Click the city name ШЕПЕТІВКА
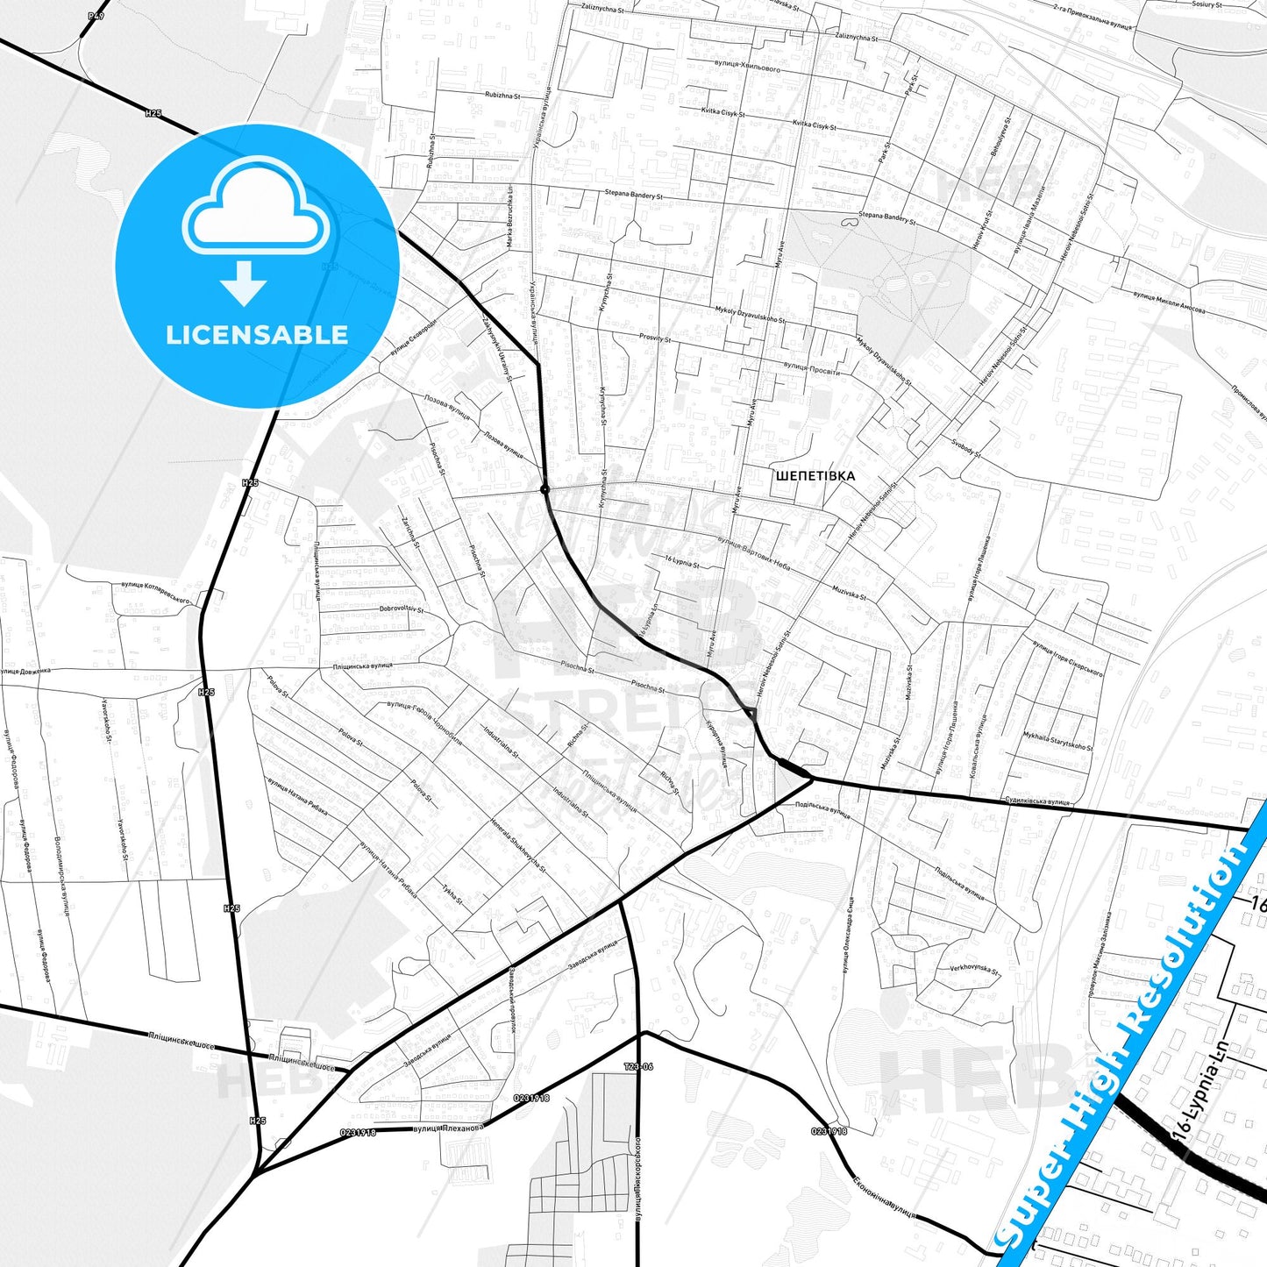click(815, 476)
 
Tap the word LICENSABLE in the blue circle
click(257, 335)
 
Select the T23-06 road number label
click(638, 1067)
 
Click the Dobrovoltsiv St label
click(402, 609)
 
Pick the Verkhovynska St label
click(974, 969)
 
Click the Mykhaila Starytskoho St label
click(1058, 741)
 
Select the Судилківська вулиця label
click(1037, 801)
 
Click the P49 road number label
click(96, 16)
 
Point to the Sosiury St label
click(1206, 5)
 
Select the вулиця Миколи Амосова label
click(1169, 303)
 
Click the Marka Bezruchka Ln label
click(509, 215)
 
